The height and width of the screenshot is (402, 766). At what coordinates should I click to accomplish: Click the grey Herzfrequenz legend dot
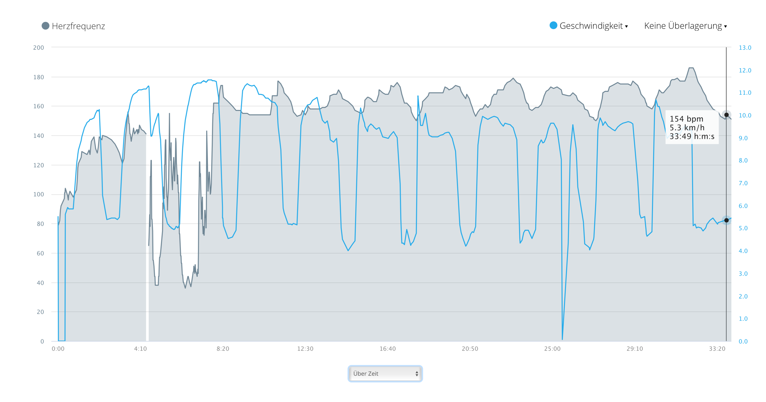(45, 26)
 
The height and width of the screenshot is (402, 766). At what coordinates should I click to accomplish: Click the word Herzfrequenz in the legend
(78, 26)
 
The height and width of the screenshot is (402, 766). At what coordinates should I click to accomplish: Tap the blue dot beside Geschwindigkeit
(553, 25)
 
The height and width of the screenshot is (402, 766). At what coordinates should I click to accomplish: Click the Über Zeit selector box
(385, 373)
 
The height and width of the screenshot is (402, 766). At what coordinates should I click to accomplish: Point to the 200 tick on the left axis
(39, 48)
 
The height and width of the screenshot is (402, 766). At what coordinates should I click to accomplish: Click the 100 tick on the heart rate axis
(39, 194)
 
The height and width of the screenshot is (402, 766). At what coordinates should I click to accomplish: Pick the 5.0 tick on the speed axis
(743, 228)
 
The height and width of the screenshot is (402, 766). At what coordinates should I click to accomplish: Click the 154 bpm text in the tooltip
(686, 119)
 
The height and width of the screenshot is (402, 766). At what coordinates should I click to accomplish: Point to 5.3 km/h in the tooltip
(687, 128)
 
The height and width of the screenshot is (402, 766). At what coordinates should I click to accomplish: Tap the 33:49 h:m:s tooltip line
(692, 136)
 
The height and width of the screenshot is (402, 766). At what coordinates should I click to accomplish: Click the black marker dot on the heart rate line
(726, 115)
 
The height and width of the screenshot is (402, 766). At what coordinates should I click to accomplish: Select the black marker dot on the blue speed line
(726, 220)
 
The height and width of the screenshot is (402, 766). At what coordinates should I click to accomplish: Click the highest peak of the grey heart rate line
(691, 68)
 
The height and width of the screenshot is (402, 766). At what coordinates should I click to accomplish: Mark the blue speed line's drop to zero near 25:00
(562, 339)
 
